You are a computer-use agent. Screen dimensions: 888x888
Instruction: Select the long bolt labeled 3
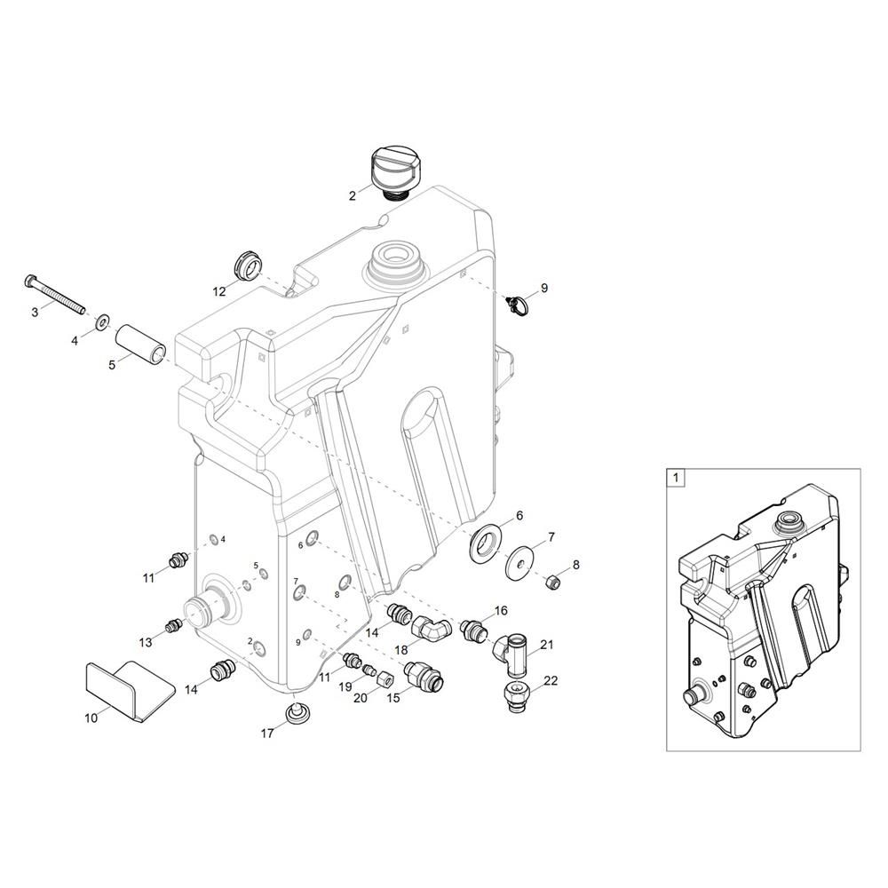point(55,294)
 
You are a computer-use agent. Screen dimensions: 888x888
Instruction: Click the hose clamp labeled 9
point(520,305)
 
